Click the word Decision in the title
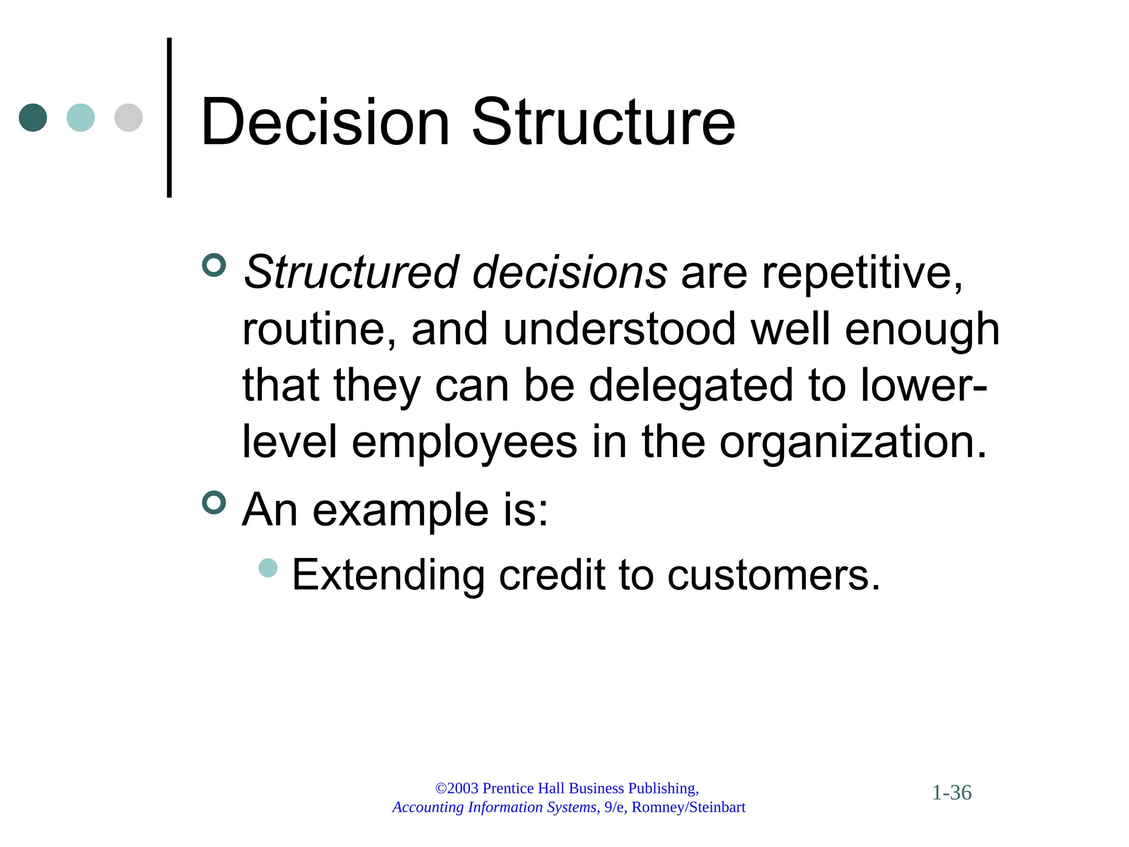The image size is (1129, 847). click(325, 122)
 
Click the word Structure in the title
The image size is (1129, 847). click(603, 122)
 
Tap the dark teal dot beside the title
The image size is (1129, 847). click(33, 117)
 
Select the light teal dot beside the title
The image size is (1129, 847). click(80, 117)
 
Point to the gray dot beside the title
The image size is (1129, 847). click(128, 117)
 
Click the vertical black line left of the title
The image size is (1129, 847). click(169, 117)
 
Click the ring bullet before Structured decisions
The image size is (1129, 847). click(214, 265)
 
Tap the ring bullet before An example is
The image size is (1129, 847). click(214, 502)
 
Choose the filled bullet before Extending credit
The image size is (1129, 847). click(268, 568)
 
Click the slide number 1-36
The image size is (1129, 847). click(951, 793)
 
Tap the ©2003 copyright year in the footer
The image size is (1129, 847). click(457, 789)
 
